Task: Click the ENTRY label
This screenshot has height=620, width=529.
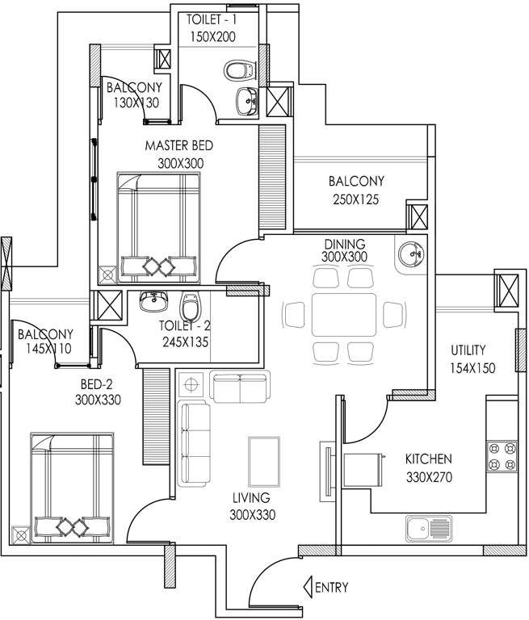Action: point(332,588)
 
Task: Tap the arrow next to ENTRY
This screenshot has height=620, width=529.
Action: point(308,587)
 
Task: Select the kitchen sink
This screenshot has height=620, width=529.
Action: point(429,529)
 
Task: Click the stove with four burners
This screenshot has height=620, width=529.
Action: point(502,456)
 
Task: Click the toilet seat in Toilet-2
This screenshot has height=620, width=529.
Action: point(191,306)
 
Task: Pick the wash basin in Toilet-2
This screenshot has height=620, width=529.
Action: point(152,303)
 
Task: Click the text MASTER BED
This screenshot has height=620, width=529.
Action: point(174,146)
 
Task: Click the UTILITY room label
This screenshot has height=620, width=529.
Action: point(468,350)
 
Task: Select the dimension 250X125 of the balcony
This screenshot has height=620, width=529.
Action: point(355,199)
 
